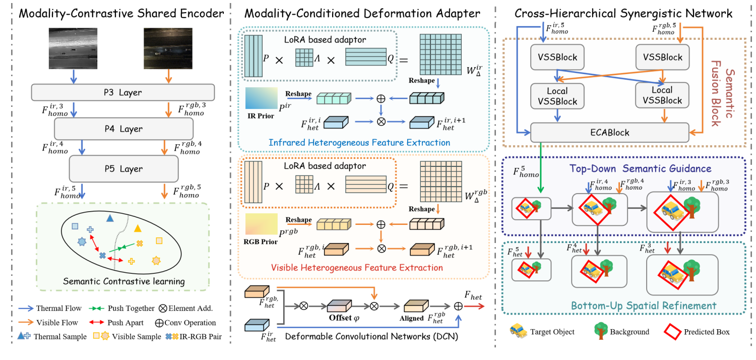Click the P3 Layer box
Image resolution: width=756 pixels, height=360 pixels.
123,92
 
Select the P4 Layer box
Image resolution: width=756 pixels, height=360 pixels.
123,129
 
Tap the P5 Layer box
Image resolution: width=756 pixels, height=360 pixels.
123,169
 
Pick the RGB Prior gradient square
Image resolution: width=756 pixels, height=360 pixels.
261,223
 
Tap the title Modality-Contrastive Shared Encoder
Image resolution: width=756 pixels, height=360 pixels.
121,14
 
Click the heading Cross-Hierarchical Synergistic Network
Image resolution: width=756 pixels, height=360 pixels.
623,14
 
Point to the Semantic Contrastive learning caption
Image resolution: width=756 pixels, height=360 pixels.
124,281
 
